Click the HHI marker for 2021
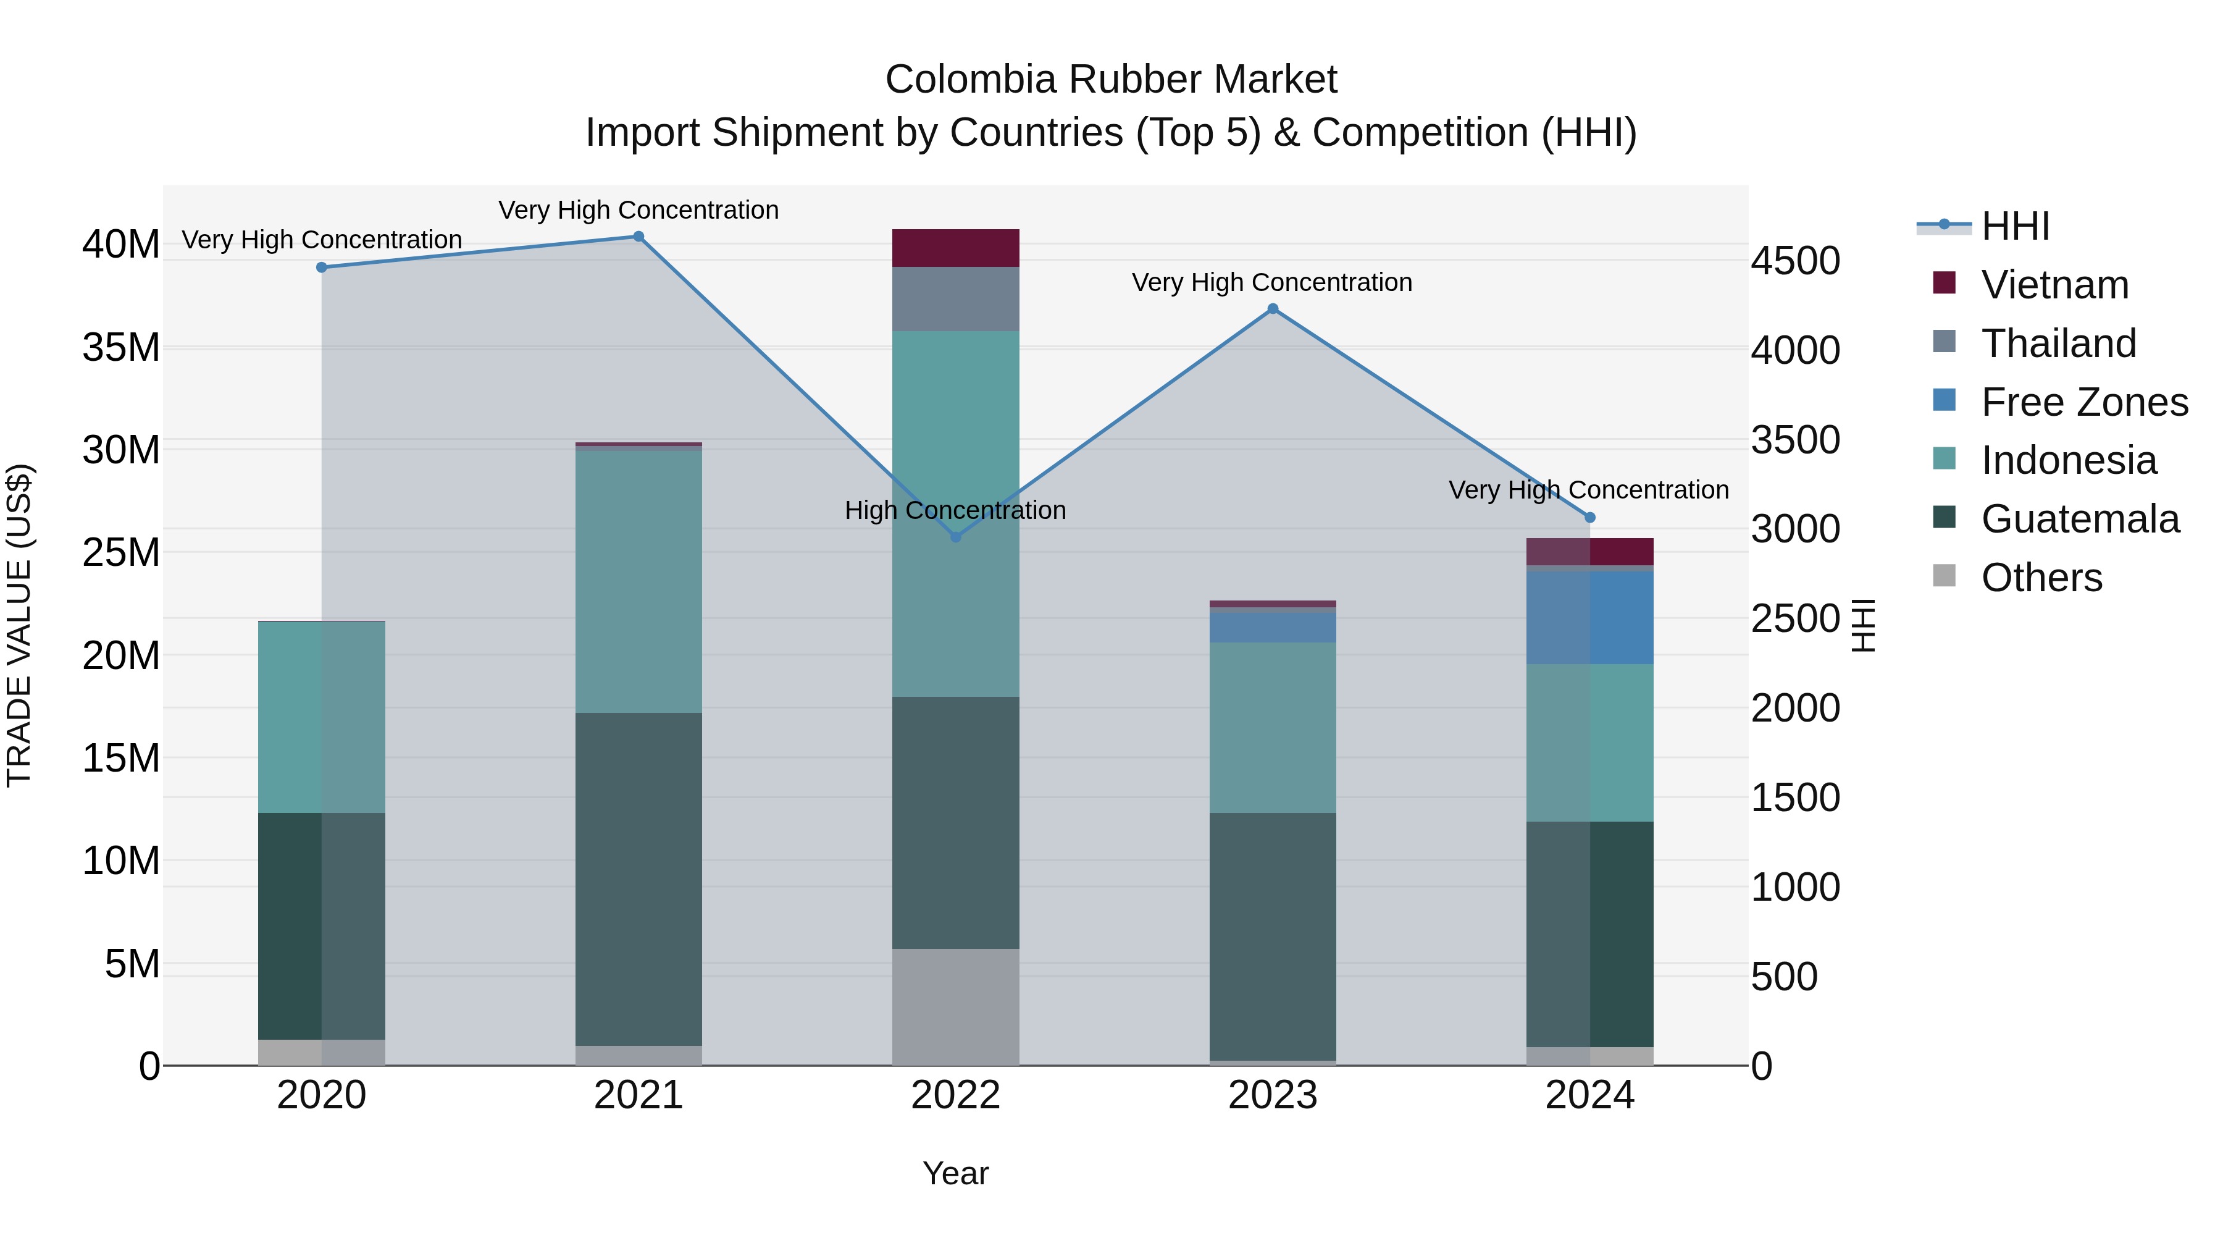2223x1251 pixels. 638,237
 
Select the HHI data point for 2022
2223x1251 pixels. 955,537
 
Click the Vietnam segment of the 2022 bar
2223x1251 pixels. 955,248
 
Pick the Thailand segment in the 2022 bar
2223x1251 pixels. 955,299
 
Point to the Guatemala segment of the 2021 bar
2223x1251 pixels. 638,879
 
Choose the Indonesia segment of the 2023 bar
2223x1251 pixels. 1273,727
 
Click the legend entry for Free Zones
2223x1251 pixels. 2084,402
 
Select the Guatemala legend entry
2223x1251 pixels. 2080,519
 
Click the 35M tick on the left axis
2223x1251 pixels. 121,348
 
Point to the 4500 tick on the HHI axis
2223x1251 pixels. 1795,261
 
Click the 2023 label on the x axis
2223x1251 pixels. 1273,1095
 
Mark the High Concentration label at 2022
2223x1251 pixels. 955,510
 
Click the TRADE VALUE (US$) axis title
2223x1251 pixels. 19,625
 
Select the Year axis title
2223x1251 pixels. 955,1173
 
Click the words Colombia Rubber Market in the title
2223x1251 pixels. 1111,80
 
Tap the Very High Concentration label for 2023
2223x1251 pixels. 1272,282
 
